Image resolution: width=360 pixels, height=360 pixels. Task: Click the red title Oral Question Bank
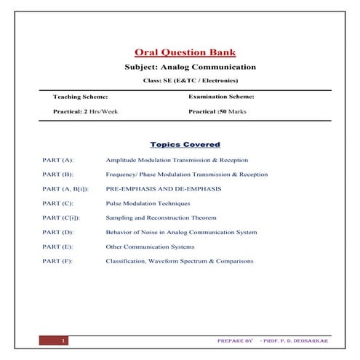[x=185, y=52]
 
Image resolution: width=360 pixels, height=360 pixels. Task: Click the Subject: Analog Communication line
[x=185, y=67]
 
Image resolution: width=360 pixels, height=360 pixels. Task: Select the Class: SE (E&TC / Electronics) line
[x=185, y=80]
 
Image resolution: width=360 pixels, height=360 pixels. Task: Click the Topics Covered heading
[x=185, y=144]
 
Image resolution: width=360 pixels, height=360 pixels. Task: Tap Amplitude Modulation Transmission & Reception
[x=177, y=159]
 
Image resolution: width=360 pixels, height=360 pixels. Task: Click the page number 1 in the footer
[x=64, y=340]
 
